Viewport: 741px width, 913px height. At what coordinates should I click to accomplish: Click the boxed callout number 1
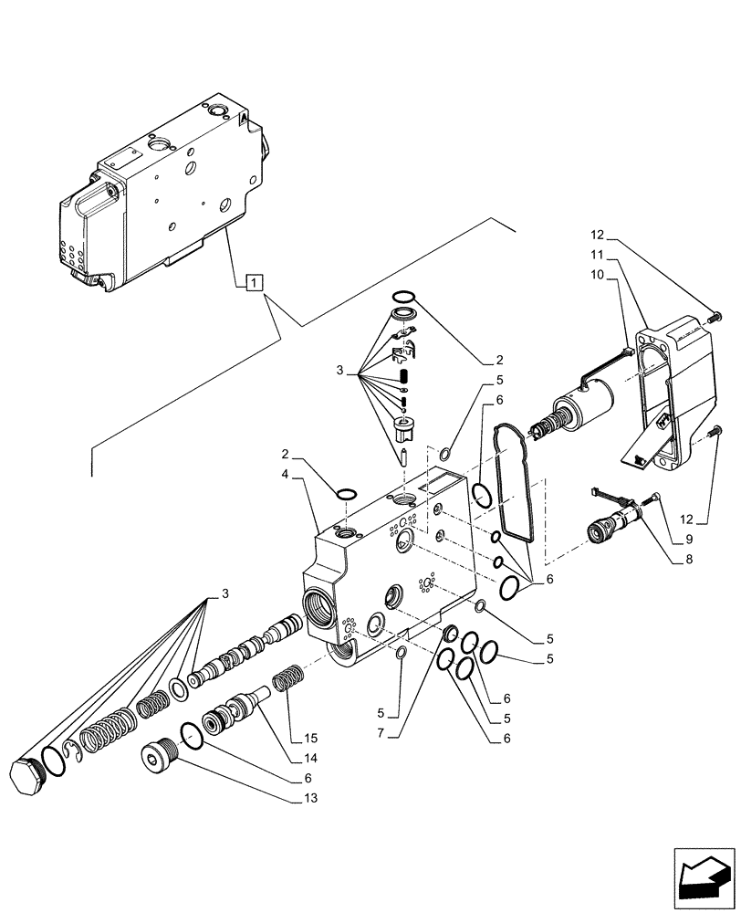tap(253, 282)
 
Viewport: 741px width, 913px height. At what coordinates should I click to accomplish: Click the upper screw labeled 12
tap(714, 316)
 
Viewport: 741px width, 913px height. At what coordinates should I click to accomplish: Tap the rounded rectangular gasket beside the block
tap(514, 479)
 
